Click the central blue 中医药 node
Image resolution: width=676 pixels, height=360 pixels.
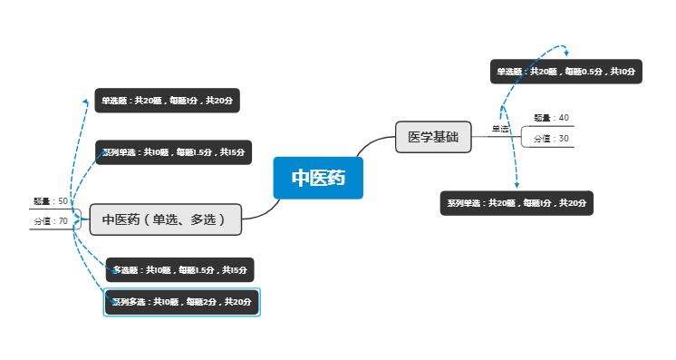pos(318,178)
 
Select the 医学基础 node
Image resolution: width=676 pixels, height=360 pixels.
pos(433,138)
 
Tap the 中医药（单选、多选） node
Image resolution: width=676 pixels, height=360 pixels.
pos(165,219)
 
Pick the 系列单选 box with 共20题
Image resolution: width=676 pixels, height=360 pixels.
pos(516,203)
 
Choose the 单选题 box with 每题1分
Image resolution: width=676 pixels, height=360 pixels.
pos(169,101)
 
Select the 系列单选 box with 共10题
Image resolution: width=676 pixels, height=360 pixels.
pos(172,152)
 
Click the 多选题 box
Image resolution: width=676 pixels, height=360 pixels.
pos(179,270)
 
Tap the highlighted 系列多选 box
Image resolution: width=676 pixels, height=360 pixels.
pos(182,302)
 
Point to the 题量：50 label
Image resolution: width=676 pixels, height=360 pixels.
pos(50,201)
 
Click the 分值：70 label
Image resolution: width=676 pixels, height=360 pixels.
pos(51,221)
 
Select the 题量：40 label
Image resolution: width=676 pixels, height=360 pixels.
pos(551,118)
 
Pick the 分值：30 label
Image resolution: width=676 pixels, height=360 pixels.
pos(551,139)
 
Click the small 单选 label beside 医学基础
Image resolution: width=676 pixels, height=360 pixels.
pos(500,129)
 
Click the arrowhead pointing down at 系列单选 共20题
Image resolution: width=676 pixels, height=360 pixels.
pos(517,186)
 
